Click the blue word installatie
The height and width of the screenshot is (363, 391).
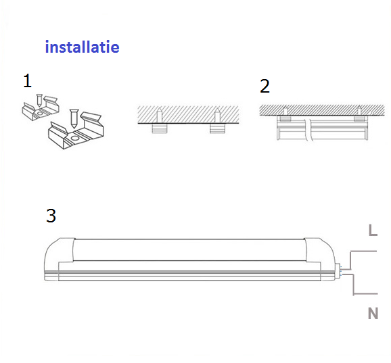pos(83,47)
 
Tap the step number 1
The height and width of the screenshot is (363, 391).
pos(28,80)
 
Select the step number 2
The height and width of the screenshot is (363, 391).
pos(264,87)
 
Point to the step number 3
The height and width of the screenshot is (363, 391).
pos(51,216)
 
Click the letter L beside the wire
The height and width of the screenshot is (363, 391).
pos(373,231)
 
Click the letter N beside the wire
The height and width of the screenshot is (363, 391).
pos(373,314)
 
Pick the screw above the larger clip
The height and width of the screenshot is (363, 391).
pos(74,118)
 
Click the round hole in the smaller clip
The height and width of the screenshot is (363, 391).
pos(39,113)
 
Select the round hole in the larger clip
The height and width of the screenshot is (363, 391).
pos(74,138)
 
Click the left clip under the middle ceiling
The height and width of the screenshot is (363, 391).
pos(160,128)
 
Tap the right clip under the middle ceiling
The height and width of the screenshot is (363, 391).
pos(217,128)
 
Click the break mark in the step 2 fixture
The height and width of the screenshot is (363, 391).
pos(308,130)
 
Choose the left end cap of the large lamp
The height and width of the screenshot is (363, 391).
pos(59,259)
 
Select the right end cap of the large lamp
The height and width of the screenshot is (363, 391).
pos(320,259)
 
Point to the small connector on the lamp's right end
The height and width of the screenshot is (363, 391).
pos(338,272)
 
